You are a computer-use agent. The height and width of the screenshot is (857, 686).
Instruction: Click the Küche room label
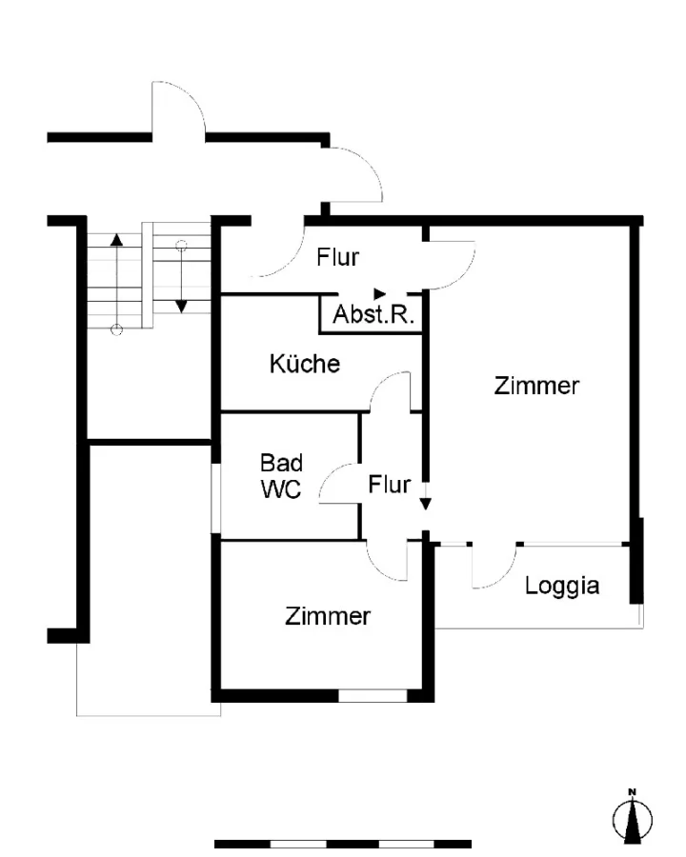[x=305, y=364]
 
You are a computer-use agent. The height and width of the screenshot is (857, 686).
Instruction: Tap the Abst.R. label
[x=373, y=314]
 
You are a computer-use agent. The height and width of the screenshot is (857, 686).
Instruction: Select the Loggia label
[x=562, y=587]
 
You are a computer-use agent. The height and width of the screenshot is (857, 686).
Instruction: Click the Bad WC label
[x=281, y=476]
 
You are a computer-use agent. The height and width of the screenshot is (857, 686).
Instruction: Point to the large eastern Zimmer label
[x=536, y=386]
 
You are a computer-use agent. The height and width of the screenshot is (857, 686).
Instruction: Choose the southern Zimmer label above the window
[x=328, y=616]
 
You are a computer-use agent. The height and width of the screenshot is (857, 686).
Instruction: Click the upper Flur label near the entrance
[x=337, y=257]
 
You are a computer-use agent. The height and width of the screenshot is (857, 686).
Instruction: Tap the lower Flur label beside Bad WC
[x=389, y=485]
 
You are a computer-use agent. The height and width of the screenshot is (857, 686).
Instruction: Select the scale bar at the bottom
[x=343, y=844]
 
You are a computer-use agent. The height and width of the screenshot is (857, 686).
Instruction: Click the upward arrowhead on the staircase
[x=116, y=239]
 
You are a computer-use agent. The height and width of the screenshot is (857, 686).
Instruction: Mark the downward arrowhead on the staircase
[x=181, y=307]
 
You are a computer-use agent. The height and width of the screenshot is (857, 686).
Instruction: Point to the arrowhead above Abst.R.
[x=379, y=294]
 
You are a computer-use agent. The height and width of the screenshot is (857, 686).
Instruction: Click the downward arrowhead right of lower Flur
[x=425, y=504]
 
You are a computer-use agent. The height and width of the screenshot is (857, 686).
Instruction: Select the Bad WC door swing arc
[x=330, y=473]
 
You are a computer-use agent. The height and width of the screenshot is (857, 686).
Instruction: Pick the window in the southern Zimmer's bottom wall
[x=373, y=696]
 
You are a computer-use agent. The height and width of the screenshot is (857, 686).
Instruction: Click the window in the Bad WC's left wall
[x=216, y=498]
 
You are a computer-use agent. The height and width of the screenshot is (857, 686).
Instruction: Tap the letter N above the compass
[x=633, y=791]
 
